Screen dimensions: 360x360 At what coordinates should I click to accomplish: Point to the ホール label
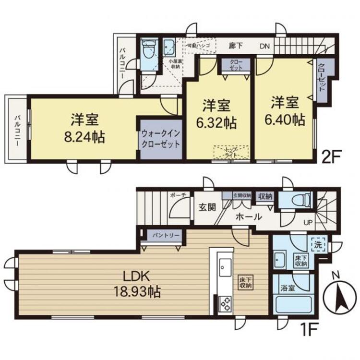pyautogui.click(x=248, y=217)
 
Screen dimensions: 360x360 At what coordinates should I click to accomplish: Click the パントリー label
pyautogui.click(x=167, y=236)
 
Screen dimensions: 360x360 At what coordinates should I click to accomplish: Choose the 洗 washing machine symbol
pyautogui.click(x=318, y=244)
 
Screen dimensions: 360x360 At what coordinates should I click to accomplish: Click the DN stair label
pyautogui.click(x=265, y=47)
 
